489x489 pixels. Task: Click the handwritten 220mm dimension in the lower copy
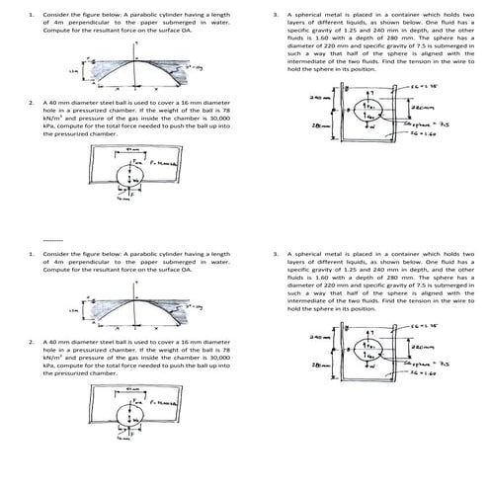[x=422, y=346]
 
